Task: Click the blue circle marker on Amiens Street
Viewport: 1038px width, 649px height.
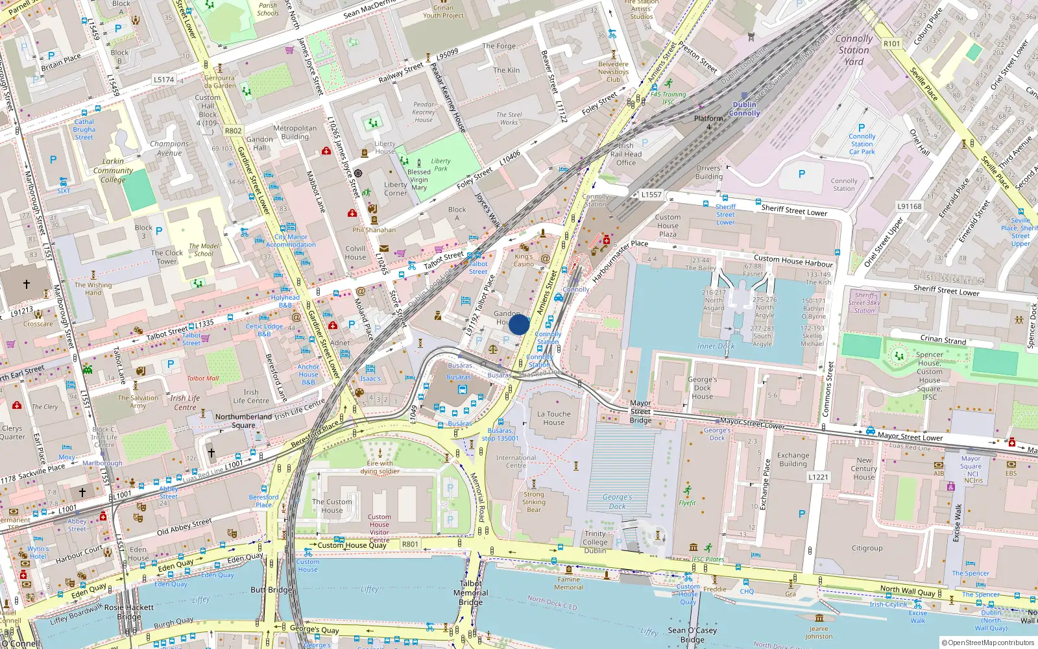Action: [x=519, y=324]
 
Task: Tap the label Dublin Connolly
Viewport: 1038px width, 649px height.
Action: [x=744, y=108]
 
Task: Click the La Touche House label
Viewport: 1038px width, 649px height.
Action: [x=554, y=418]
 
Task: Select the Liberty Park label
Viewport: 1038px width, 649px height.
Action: [x=441, y=165]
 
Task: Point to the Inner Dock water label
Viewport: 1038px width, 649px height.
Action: [x=716, y=346]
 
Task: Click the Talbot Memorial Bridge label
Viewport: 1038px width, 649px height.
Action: [x=471, y=593]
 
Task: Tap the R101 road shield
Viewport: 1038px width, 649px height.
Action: [x=892, y=43]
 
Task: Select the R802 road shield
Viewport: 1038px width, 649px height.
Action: [x=233, y=130]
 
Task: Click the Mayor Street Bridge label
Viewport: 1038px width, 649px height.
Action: [x=640, y=411]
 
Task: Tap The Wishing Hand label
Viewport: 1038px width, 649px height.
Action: [x=93, y=289]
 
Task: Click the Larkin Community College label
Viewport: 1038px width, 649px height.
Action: [x=113, y=171]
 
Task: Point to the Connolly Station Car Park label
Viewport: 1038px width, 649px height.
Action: [x=862, y=144]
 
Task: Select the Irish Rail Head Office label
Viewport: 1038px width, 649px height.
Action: [x=626, y=154]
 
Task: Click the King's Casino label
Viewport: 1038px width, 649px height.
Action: [x=524, y=260]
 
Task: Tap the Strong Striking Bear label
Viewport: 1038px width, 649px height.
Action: [x=534, y=502]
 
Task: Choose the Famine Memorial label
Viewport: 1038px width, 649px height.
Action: [x=568, y=583]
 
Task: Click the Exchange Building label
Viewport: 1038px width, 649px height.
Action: [x=793, y=459]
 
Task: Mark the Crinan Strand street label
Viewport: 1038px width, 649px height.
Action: [x=943, y=339]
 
